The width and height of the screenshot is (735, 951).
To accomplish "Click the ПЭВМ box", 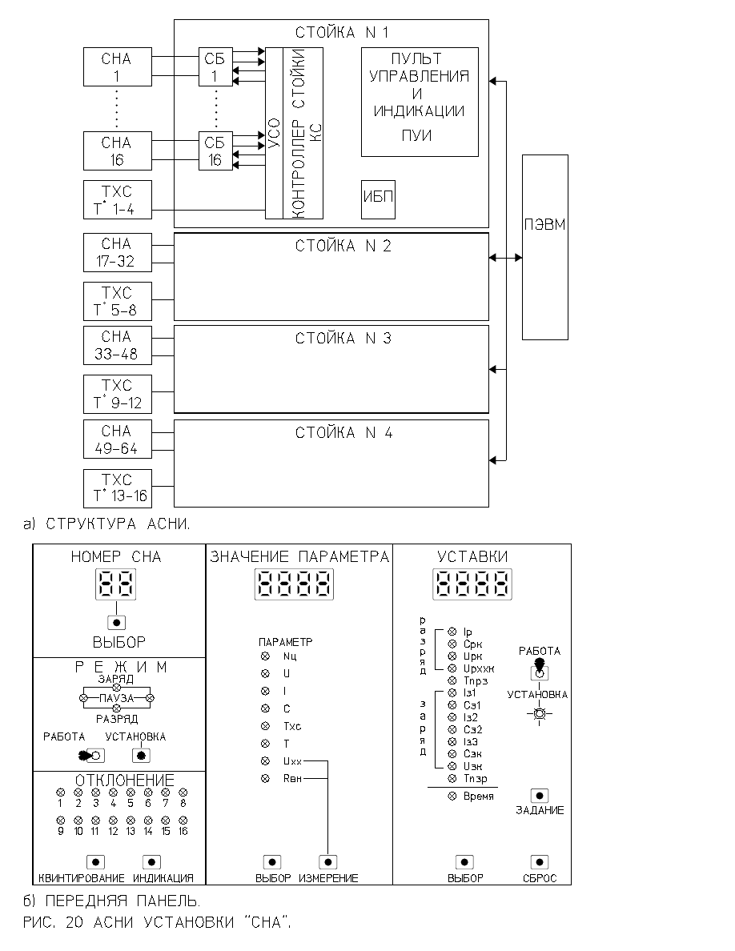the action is pyautogui.click(x=545, y=247).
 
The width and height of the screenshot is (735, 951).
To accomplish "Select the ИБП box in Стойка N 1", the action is pyautogui.click(x=379, y=199).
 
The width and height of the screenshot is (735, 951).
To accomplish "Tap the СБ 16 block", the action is pyautogui.click(x=215, y=151).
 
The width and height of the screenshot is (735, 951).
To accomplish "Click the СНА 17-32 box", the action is pyautogui.click(x=118, y=252).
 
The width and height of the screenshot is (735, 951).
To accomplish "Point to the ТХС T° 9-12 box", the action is pyautogui.click(x=118, y=394).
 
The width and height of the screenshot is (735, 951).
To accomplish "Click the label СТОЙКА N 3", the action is pyautogui.click(x=343, y=339).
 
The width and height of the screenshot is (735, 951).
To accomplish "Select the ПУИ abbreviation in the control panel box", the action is pyautogui.click(x=416, y=135).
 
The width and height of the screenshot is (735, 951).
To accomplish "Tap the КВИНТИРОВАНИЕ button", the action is pyautogui.click(x=96, y=862).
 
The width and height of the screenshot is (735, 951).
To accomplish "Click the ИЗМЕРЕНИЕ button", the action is pyautogui.click(x=328, y=862).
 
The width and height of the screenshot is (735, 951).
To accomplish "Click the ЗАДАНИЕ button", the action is pyautogui.click(x=540, y=796).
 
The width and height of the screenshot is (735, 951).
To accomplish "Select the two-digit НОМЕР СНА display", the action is pyautogui.click(x=116, y=584).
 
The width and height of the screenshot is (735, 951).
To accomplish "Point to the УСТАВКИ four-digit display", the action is pyautogui.click(x=472, y=584).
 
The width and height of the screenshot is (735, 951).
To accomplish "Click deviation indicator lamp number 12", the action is pyautogui.click(x=113, y=820).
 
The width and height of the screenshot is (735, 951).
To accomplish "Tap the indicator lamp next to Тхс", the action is pyautogui.click(x=265, y=726).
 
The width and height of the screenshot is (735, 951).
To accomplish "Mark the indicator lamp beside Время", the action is pyautogui.click(x=452, y=797).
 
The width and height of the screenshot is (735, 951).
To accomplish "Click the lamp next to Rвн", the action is pyautogui.click(x=265, y=778).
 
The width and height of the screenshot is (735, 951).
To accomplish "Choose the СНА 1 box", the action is pyautogui.click(x=118, y=66).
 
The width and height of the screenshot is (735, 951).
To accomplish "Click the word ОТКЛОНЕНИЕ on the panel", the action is pyautogui.click(x=125, y=780).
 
